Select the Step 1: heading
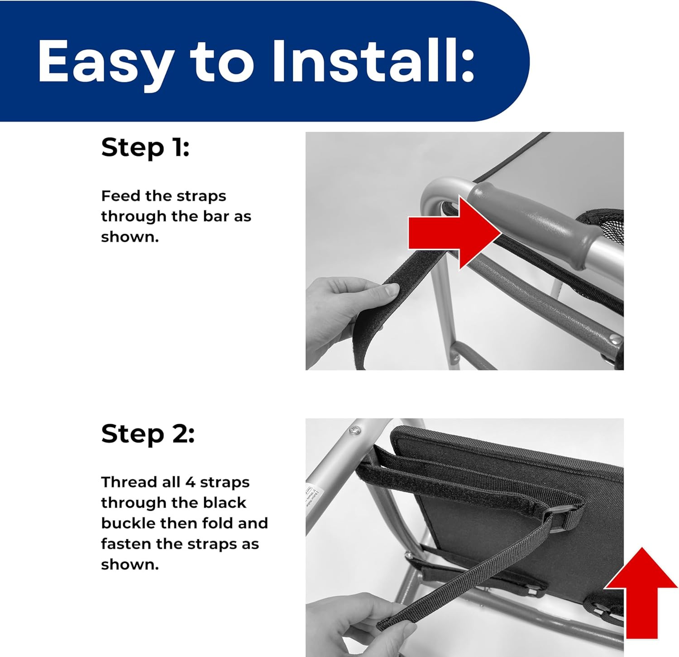(x=145, y=147)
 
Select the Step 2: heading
(x=148, y=433)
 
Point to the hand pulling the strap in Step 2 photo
(x=358, y=625)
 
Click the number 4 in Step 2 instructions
(x=190, y=482)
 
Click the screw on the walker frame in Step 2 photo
(x=354, y=429)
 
